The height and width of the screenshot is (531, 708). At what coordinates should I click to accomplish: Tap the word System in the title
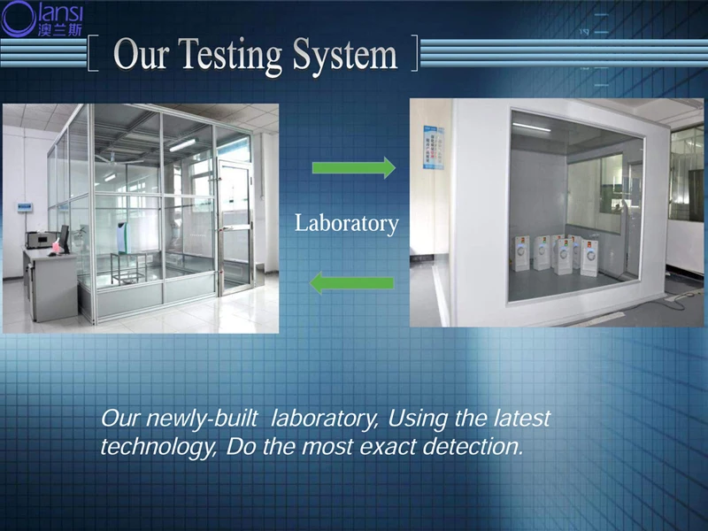[x=345, y=57]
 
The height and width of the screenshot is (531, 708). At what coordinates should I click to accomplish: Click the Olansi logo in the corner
[x=42, y=19]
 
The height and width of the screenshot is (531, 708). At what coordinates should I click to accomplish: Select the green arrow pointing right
[x=354, y=168]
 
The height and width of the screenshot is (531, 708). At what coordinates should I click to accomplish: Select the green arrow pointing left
[x=351, y=283]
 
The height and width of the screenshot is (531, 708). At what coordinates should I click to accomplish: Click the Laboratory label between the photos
[x=347, y=224]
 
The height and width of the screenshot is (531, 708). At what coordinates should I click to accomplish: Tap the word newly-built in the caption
[x=202, y=419]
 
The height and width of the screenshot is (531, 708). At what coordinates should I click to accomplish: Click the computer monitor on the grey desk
[x=64, y=239]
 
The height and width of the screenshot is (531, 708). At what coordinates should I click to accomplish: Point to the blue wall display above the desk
[x=25, y=207]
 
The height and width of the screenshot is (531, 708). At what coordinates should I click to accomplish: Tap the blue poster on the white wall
[x=434, y=148]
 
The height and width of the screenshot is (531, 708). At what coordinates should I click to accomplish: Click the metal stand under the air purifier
[x=128, y=268]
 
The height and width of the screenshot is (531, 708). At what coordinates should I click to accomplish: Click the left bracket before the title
[x=93, y=53]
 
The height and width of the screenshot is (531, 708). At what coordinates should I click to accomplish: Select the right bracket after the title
[x=414, y=53]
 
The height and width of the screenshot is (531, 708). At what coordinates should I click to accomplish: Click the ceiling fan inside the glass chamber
[x=118, y=159]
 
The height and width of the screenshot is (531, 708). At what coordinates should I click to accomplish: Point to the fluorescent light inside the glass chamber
[x=182, y=145]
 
